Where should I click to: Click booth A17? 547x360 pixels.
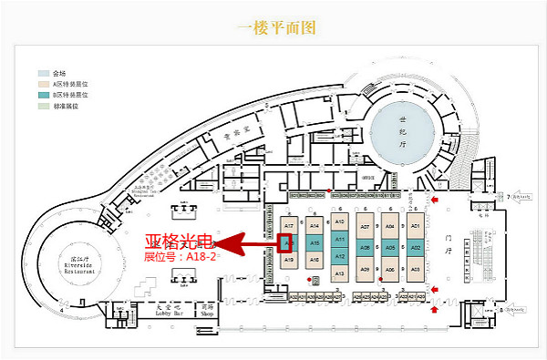(x=289, y=225)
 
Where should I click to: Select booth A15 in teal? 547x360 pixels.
(x=315, y=243)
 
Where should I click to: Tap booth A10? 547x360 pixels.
(x=339, y=222)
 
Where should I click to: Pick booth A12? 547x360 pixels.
(x=339, y=256)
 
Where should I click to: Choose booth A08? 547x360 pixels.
(x=365, y=247)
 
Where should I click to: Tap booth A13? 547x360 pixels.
(x=339, y=273)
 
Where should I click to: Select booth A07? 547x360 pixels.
(x=365, y=226)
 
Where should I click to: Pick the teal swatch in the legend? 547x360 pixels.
(x=42, y=95)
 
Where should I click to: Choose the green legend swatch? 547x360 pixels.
(x=42, y=106)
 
